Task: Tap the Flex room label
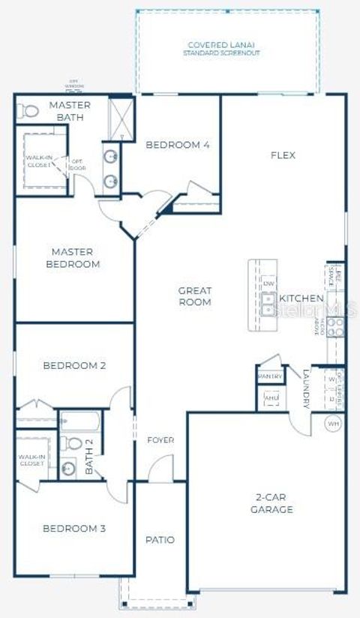(283, 155)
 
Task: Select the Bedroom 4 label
(177, 145)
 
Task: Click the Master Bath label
(70, 111)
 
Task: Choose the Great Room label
(194, 296)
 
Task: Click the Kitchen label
(301, 298)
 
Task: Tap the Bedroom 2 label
(74, 366)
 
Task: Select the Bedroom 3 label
(73, 529)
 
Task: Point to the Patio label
(160, 540)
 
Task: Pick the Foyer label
(160, 440)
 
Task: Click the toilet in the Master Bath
(28, 112)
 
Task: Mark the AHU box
(271, 398)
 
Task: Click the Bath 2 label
(88, 457)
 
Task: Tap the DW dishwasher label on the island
(268, 283)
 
